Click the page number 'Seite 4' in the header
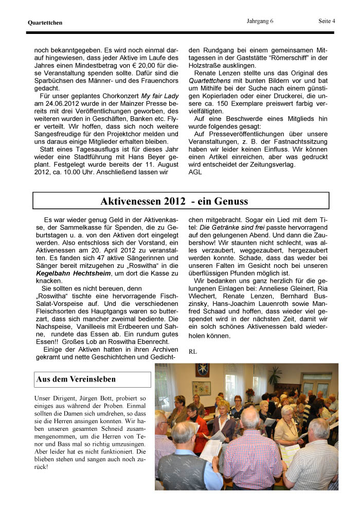click(326, 21)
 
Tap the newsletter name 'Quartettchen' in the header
click(45, 23)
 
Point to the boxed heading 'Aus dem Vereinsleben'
click(76, 379)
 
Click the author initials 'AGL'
click(195, 172)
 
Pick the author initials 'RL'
click(193, 351)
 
